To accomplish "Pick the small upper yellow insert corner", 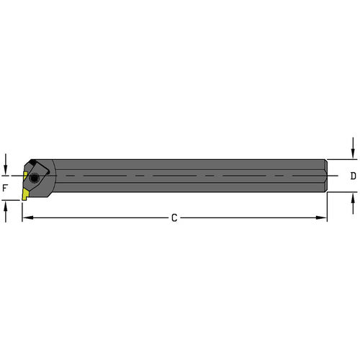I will (25, 175).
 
